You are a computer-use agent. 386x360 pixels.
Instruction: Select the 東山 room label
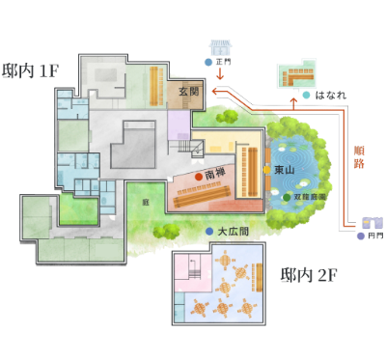click(x=284, y=170)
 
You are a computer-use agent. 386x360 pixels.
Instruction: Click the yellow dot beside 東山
click(x=267, y=170)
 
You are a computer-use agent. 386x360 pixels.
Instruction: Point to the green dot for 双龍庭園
click(x=288, y=197)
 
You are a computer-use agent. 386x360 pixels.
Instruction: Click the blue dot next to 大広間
click(x=209, y=232)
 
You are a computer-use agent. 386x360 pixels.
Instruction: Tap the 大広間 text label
click(x=234, y=232)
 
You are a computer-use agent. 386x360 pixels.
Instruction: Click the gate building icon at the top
click(x=220, y=46)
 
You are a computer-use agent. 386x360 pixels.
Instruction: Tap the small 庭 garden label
click(x=146, y=203)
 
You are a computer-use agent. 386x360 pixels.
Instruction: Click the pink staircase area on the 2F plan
click(x=188, y=281)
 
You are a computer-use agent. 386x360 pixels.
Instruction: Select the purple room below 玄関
click(x=179, y=125)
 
